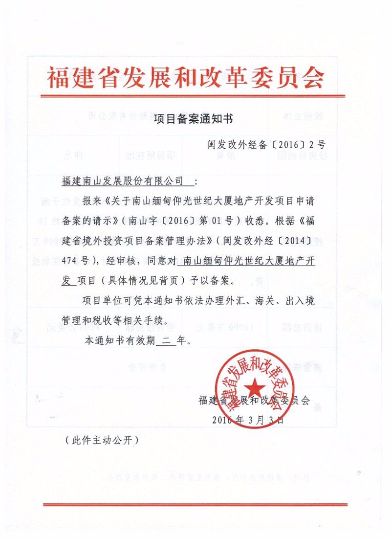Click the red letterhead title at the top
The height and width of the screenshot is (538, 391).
tap(186, 76)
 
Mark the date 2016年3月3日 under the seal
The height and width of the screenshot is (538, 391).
tap(248, 420)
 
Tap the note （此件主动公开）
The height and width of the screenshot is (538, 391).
tap(102, 440)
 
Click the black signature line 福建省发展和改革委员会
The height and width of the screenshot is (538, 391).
tap(254, 400)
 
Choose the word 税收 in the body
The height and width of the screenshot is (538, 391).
tap(104, 321)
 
